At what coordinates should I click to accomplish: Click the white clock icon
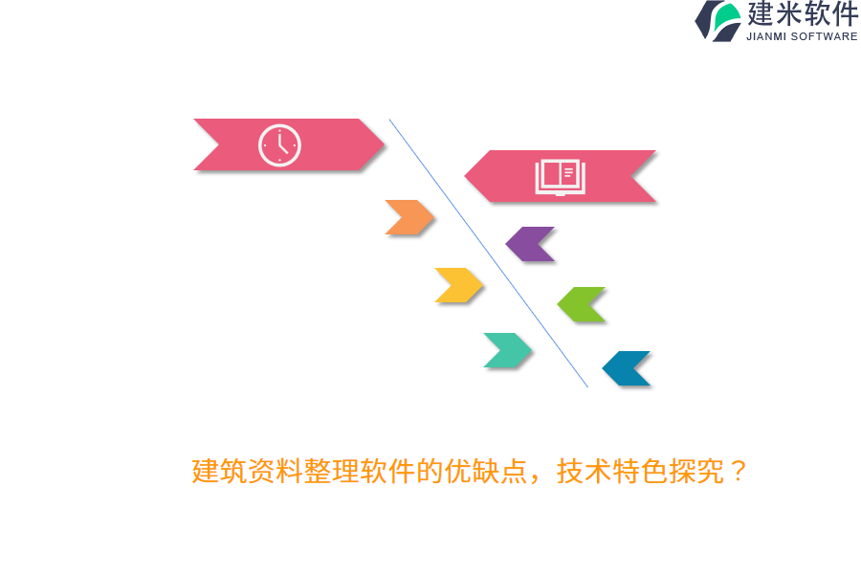point(279,145)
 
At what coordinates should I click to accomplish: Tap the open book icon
point(560,176)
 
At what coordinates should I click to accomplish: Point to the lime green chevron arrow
point(582,304)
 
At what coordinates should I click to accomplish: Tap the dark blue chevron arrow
point(627,368)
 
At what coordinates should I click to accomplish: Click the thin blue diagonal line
point(488,253)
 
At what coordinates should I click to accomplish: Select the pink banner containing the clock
point(230,145)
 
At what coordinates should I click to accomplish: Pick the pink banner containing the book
point(612,176)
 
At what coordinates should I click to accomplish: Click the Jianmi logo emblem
point(717,20)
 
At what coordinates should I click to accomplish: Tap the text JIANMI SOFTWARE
point(802,36)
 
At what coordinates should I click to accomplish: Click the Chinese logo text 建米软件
point(802,14)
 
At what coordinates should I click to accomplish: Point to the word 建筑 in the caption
point(219,472)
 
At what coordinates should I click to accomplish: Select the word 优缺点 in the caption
point(486,472)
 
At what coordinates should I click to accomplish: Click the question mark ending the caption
point(736,472)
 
